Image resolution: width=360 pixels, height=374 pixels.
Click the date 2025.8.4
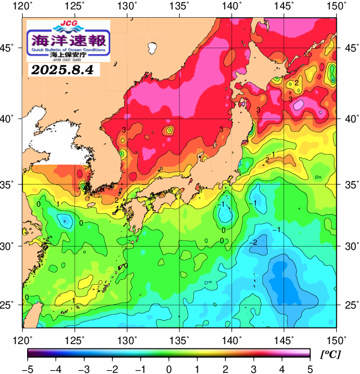pos(62,70)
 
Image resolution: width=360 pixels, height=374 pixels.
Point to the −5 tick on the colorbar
pos(28,369)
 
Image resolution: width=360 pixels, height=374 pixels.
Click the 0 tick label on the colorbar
pos(168,369)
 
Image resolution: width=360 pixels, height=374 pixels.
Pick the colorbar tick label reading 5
pos(310,369)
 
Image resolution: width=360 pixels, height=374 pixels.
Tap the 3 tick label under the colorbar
pos(253,369)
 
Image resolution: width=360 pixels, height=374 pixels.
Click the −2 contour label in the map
pos(254,243)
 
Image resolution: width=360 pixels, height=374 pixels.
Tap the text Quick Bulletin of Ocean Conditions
pos(68,49)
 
